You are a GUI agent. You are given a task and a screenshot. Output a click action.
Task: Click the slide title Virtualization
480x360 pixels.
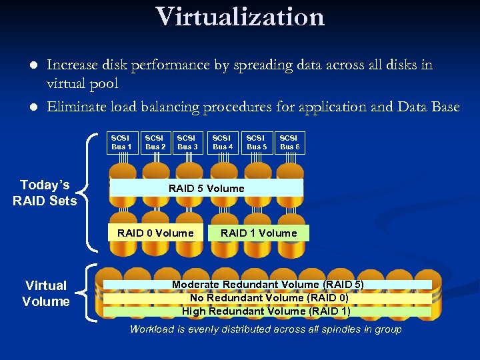240,17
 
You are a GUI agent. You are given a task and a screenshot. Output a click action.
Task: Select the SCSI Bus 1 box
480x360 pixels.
121,142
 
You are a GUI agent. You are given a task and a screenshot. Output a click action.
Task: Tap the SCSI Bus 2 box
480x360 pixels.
155,142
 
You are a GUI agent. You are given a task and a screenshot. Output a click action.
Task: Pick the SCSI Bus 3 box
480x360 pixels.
187,142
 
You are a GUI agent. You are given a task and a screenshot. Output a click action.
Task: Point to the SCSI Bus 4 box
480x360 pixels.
223,142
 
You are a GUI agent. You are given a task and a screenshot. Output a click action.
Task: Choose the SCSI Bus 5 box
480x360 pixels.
257,142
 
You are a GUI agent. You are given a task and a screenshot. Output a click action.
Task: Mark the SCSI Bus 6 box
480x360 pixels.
289,142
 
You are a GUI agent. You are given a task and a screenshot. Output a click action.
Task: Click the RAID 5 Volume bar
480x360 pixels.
206,188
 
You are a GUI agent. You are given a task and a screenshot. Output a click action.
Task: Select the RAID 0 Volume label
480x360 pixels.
155,233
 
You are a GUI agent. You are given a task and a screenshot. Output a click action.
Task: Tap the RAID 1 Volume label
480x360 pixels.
259,233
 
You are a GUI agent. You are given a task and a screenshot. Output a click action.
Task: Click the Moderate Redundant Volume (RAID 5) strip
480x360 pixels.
267,285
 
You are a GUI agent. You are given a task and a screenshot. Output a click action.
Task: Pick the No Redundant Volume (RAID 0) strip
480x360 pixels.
269,298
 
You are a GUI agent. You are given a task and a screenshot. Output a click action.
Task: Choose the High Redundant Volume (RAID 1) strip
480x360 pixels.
266,311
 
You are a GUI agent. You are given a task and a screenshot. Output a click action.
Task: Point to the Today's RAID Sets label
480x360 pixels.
45,193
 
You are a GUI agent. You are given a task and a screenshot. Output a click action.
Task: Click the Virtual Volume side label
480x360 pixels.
45,293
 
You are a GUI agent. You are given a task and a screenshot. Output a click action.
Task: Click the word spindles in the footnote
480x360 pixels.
342,329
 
